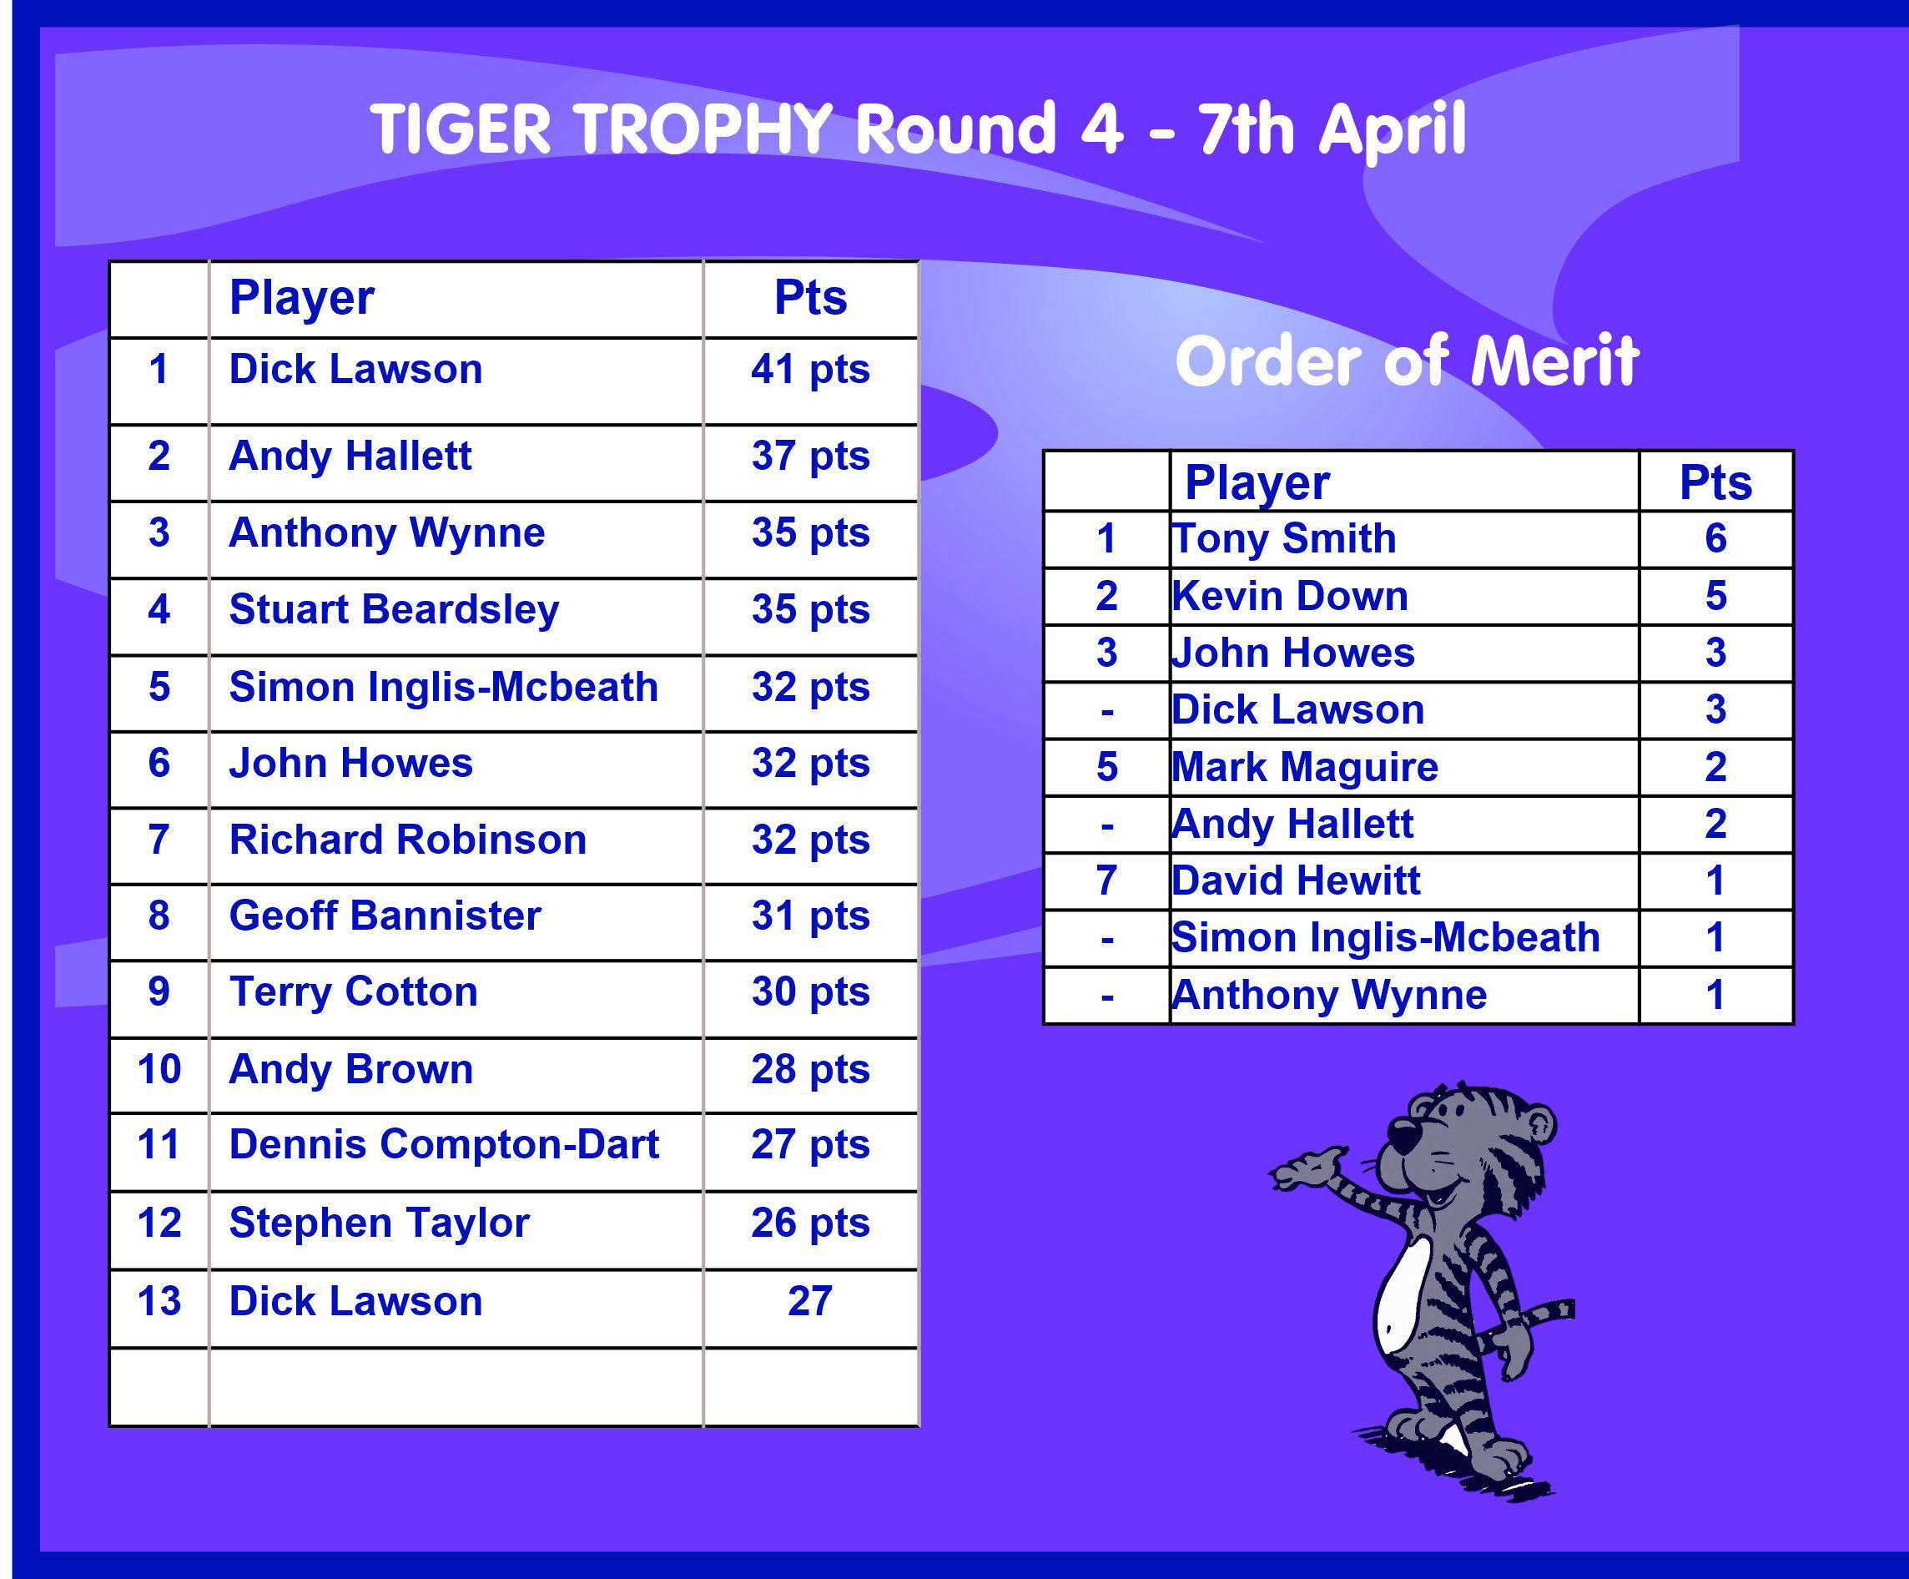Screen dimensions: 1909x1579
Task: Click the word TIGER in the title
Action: tap(461, 129)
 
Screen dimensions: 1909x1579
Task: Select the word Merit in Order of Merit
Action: tap(1554, 361)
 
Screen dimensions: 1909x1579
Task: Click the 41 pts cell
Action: tap(810, 370)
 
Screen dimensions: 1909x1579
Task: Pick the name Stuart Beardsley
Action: tap(394, 610)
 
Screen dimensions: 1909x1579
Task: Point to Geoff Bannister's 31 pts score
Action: tap(810, 916)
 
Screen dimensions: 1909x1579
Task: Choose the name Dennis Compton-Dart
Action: tap(444, 1144)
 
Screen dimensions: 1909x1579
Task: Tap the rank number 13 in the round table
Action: tap(159, 1301)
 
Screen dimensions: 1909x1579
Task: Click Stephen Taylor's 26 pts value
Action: tap(810, 1223)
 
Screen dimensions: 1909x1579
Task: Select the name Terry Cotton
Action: tap(353, 991)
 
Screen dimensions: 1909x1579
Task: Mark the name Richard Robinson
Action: tap(407, 840)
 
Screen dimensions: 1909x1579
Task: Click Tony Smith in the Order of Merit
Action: tap(1283, 539)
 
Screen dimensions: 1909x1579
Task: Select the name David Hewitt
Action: tap(1296, 880)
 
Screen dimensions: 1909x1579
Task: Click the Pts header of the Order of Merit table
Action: tap(1715, 482)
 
